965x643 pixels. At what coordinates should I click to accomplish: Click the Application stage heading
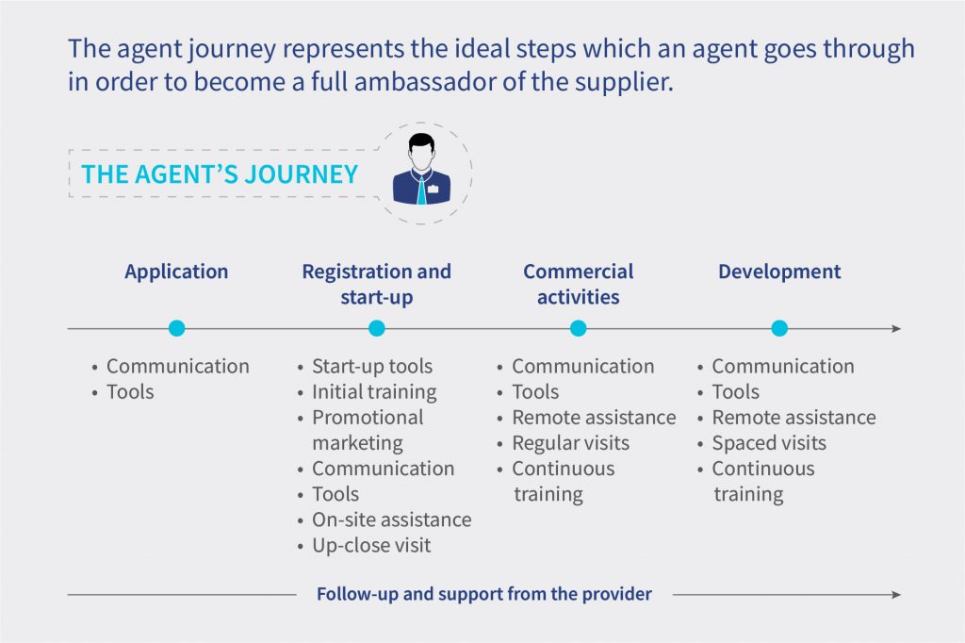[176, 272]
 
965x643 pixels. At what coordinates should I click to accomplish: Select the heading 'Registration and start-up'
[377, 284]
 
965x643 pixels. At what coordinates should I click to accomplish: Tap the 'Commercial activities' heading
[579, 284]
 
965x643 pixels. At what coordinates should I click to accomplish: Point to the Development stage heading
[779, 272]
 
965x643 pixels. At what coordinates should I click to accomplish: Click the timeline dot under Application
[176, 328]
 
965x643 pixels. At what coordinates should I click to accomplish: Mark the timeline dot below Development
[779, 328]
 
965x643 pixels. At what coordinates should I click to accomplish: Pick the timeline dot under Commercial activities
[578, 328]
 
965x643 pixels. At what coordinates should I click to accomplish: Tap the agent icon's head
[421, 152]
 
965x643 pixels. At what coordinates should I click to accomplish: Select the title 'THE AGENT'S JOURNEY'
[220, 174]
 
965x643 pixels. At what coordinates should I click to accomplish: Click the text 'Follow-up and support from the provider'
[483, 594]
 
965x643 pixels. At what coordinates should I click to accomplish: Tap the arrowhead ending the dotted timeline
[897, 329]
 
